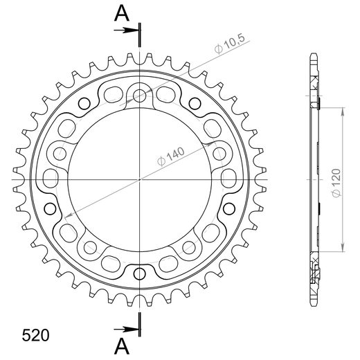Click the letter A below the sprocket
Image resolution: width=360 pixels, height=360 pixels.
point(120,345)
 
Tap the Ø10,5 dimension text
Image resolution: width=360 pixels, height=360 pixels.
point(229,46)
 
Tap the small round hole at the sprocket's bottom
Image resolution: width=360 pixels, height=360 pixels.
point(140,270)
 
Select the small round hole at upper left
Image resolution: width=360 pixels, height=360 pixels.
point(84,105)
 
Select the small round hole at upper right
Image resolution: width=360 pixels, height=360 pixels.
point(196,105)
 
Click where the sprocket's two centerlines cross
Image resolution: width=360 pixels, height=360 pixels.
point(140,179)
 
